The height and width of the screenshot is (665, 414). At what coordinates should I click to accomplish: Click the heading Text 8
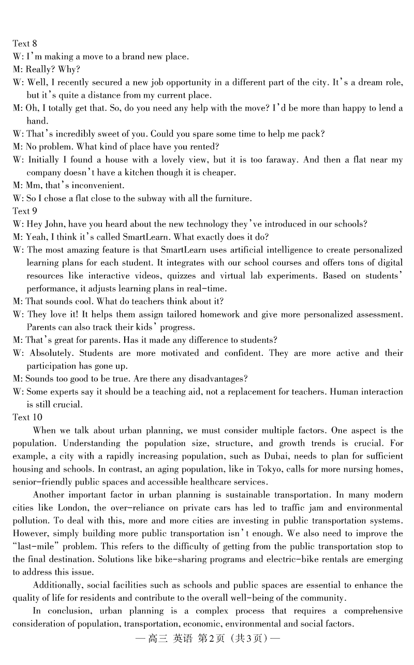point(25,43)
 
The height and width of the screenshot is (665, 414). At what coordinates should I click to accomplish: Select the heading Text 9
point(25,211)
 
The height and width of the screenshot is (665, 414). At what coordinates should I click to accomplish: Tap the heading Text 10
point(27,417)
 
